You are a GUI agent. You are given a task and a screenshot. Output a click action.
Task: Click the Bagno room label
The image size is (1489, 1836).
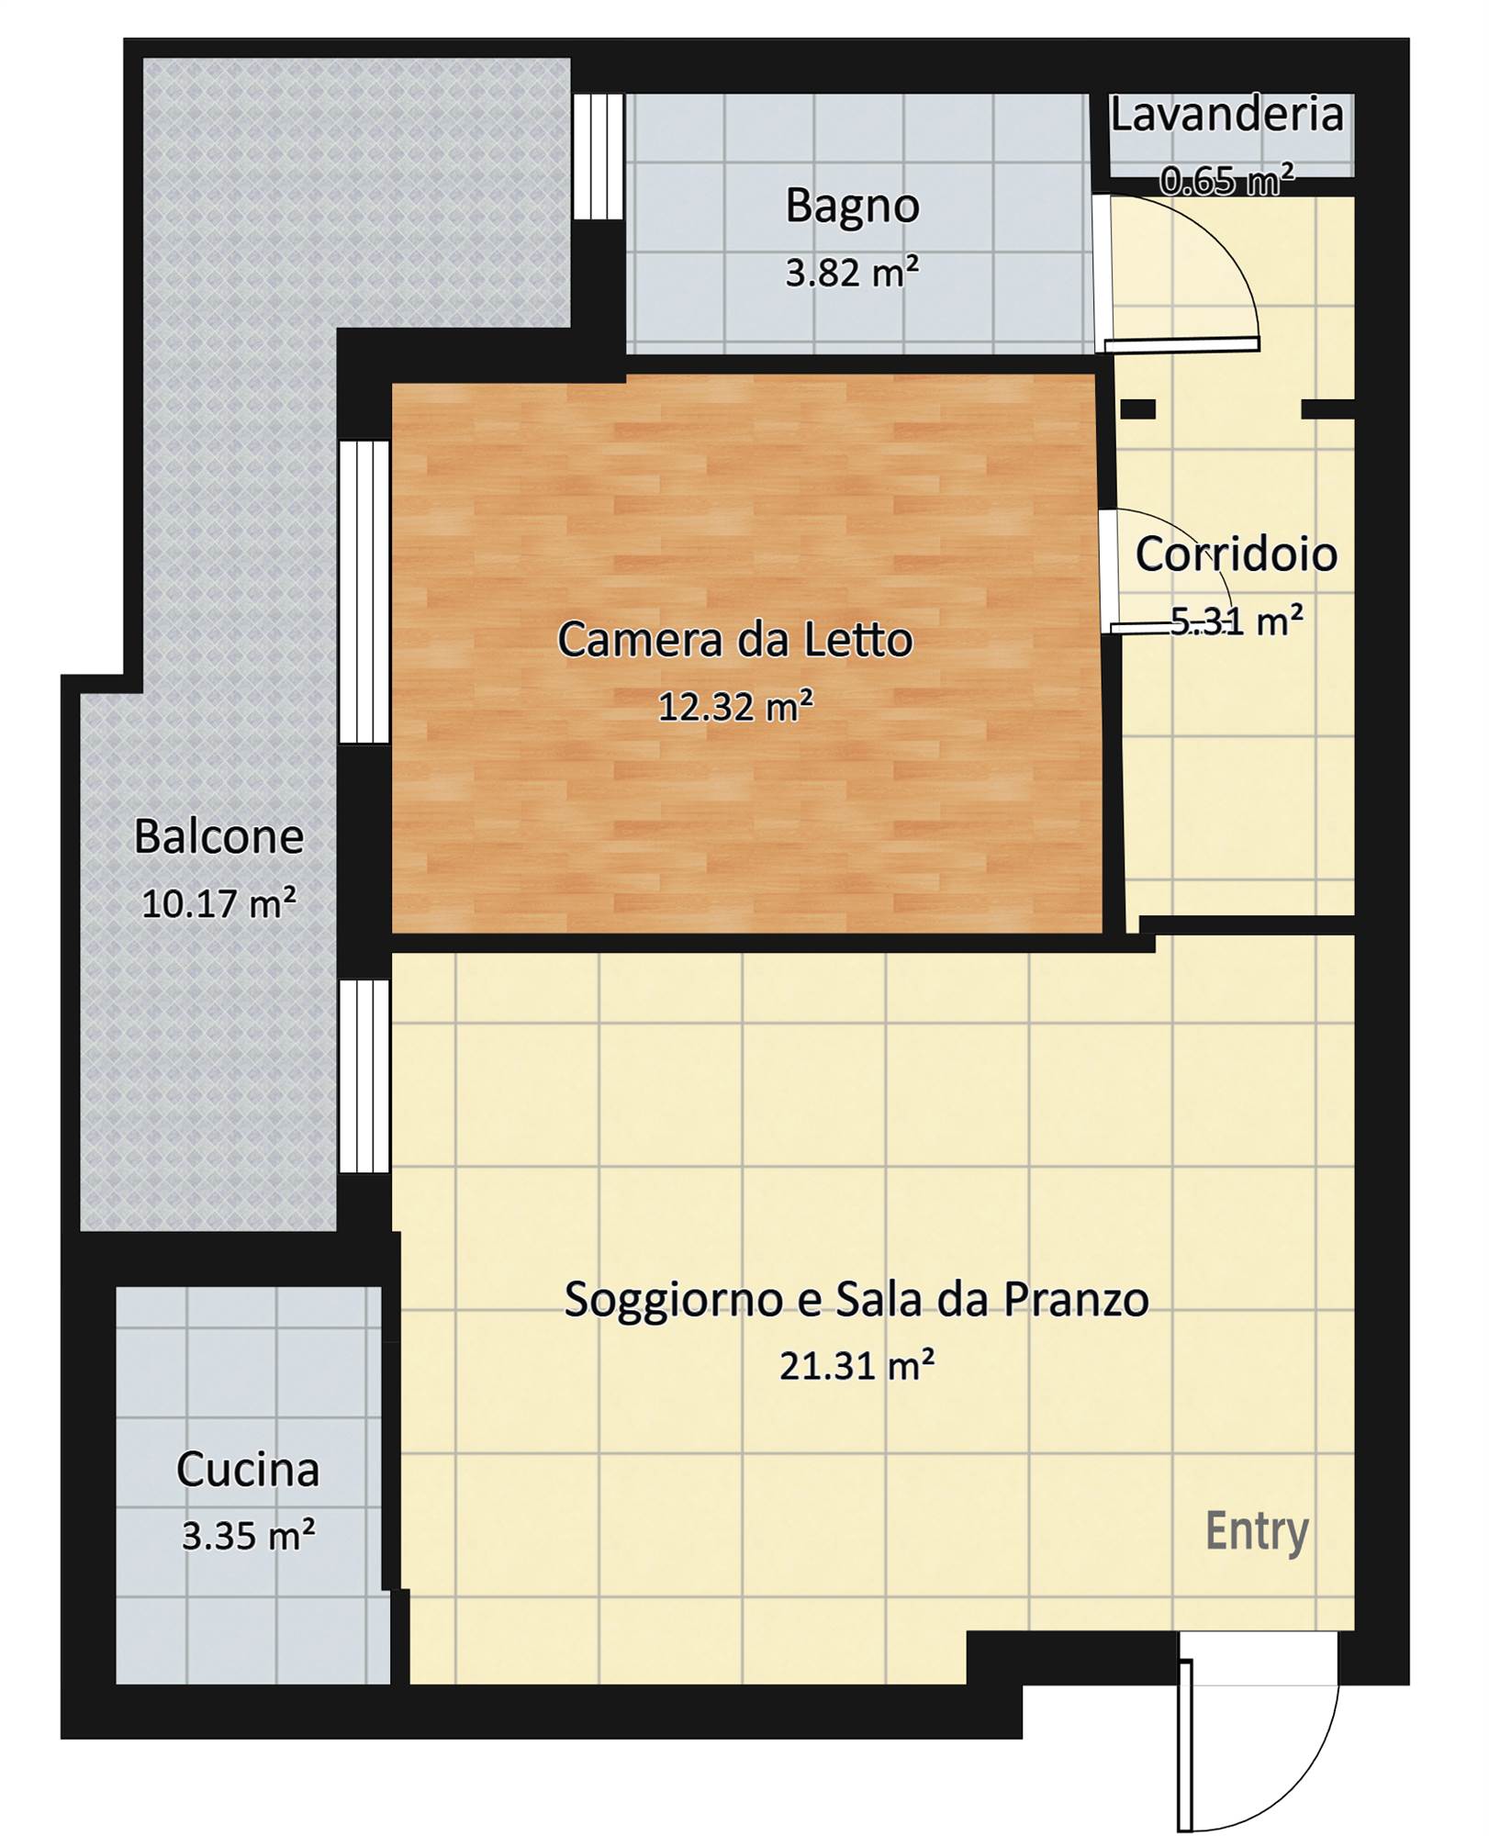tap(852, 207)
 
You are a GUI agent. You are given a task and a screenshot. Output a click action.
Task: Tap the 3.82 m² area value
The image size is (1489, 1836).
tap(852, 273)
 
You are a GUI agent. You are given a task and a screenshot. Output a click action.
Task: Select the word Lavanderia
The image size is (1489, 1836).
tap(1227, 115)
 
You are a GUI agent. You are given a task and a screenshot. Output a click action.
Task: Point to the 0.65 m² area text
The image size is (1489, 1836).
tap(1227, 180)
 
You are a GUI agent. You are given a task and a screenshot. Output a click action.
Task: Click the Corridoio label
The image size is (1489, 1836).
tap(1237, 554)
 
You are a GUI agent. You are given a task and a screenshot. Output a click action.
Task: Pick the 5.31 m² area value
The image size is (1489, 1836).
tap(1237, 621)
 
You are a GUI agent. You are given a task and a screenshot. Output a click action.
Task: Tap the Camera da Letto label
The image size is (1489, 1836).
tap(735, 640)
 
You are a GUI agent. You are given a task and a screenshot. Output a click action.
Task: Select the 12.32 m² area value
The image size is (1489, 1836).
tap(735, 707)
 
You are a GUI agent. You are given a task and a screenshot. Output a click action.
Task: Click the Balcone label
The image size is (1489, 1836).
tap(218, 837)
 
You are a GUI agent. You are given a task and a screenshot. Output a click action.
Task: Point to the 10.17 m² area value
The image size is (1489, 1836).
tap(218, 904)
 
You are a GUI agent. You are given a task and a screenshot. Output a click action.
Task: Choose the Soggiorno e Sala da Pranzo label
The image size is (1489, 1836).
tap(856, 1300)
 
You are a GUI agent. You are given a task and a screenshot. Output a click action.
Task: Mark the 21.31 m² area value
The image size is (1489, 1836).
tap(856, 1367)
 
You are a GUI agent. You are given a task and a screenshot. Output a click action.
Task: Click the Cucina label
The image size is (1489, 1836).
tap(248, 1470)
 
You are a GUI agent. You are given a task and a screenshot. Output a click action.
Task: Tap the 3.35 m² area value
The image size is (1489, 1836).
tap(248, 1536)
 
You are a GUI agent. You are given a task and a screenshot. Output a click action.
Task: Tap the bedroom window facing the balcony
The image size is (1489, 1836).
tap(364, 592)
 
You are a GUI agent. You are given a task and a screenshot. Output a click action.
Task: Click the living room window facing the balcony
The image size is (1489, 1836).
tap(364, 1076)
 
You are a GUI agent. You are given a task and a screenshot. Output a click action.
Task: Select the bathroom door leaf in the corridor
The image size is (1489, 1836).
tap(1181, 344)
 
